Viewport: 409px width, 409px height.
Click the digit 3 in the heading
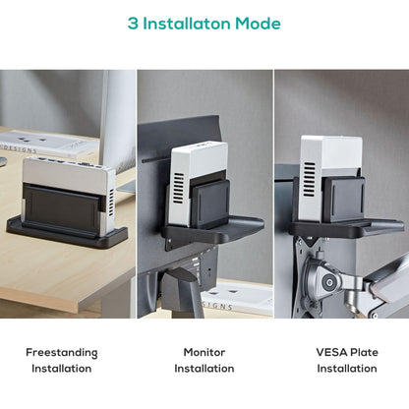pyautogui.click(x=133, y=24)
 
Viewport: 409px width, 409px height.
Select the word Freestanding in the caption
pyautogui.click(x=61, y=351)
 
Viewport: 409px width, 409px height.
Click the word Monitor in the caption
pyautogui.click(x=204, y=351)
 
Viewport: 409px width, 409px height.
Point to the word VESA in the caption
pyautogui.click(x=330, y=351)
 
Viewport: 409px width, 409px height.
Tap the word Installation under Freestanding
pyautogui.click(x=61, y=369)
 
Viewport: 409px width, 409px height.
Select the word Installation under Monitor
pyautogui.click(x=204, y=369)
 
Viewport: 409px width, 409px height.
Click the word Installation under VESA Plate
pyautogui.click(x=346, y=369)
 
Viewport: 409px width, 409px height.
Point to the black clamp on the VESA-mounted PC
pyautogui.click(x=346, y=200)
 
